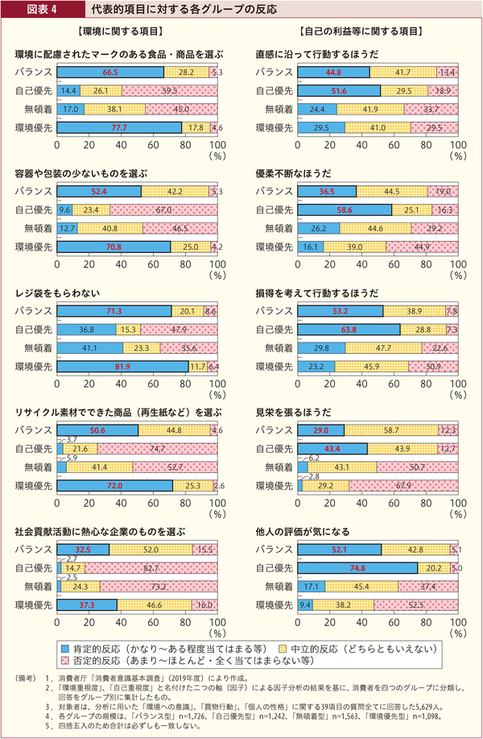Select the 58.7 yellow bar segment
[391, 431]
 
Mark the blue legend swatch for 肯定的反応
[64, 648]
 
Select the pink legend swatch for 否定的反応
[64, 662]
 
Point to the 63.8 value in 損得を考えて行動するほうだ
[348, 330]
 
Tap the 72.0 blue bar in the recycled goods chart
[114, 486]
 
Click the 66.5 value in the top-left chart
[110, 73]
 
